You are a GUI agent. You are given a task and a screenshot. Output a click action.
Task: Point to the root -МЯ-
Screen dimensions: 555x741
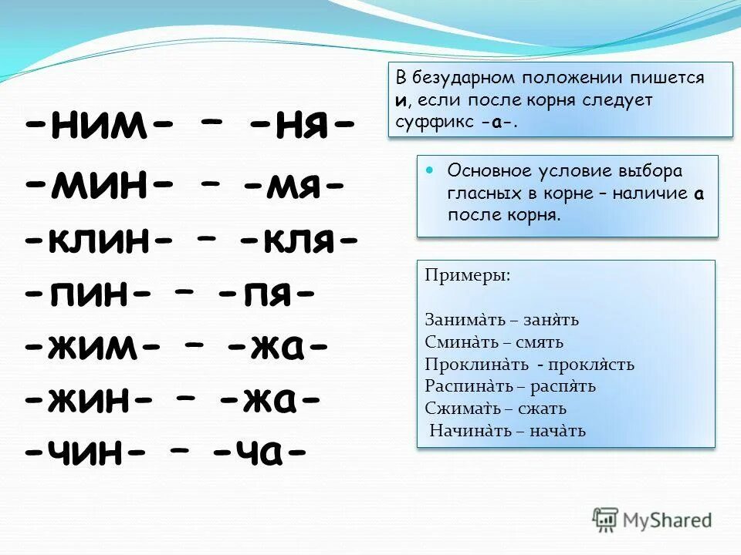pos(295,185)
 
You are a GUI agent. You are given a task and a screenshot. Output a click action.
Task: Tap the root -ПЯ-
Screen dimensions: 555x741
pos(266,296)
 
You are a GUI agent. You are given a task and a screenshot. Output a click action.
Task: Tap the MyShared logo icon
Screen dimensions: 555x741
pos(607,519)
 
